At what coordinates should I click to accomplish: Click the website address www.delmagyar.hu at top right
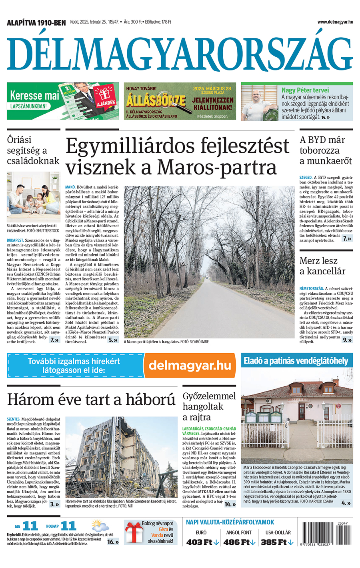pos(335,22)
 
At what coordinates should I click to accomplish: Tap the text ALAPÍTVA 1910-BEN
pos(36,23)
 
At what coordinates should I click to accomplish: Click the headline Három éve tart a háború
pos(91,399)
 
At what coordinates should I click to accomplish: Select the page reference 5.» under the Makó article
pos(113,340)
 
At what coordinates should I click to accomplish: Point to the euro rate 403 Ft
pos(202,542)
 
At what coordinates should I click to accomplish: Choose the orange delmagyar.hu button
pos(190,365)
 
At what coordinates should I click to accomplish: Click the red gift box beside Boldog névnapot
pos(134,533)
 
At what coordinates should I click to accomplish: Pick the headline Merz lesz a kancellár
pos(322,266)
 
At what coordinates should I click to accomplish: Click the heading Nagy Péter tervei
pos(305,90)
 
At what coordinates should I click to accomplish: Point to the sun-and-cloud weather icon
pos(99,525)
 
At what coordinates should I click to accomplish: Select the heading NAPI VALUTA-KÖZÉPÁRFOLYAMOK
pos(230,522)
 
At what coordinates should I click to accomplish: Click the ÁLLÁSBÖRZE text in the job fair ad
pos(156,100)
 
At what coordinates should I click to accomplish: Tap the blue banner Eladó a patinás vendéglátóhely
pos(296,361)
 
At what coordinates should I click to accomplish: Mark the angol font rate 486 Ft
pos(239,542)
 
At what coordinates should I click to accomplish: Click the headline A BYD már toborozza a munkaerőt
pos(326,150)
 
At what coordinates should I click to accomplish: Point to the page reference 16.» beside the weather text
pos(113,542)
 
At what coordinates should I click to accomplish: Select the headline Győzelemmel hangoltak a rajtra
pos(209,406)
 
